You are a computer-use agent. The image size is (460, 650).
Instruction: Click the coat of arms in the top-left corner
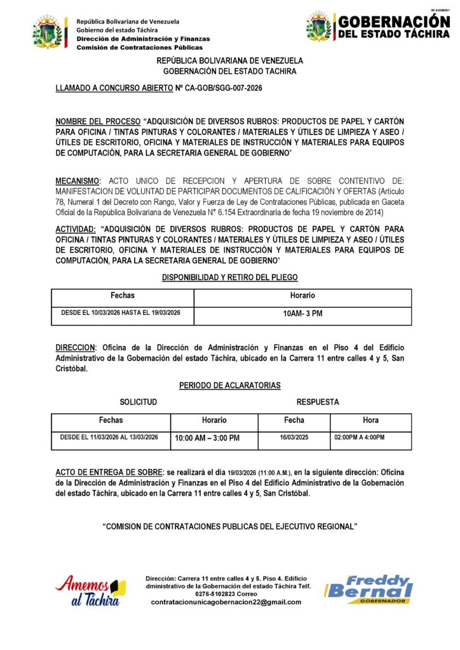point(49,32)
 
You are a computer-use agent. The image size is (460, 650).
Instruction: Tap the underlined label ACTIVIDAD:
point(76,229)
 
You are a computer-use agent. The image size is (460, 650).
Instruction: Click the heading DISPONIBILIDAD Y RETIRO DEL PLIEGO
point(230,277)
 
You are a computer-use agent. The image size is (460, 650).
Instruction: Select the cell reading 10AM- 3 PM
point(302,314)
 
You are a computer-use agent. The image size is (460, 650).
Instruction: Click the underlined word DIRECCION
point(75,348)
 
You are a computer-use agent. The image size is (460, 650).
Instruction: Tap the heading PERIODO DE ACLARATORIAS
point(230,385)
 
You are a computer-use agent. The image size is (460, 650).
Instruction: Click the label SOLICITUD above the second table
point(139,402)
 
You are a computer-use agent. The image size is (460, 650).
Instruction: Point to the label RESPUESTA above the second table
point(318,402)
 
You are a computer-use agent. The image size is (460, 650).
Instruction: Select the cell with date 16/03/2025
point(294,437)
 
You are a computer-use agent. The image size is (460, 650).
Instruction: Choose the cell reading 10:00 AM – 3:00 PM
point(207,438)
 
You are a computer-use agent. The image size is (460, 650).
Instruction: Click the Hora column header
point(370,420)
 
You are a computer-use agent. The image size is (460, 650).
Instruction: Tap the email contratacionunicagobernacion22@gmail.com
point(226,602)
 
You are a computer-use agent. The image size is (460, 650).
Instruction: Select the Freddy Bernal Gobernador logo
point(369,590)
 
